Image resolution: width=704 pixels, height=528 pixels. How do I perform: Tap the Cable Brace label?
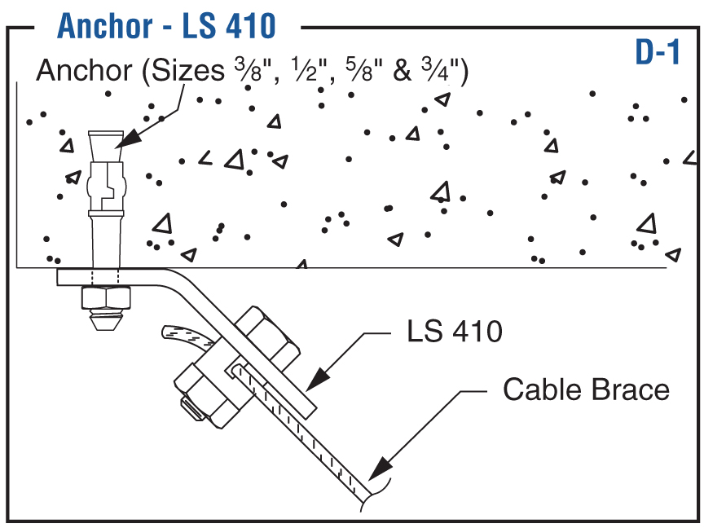pos(586,389)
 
